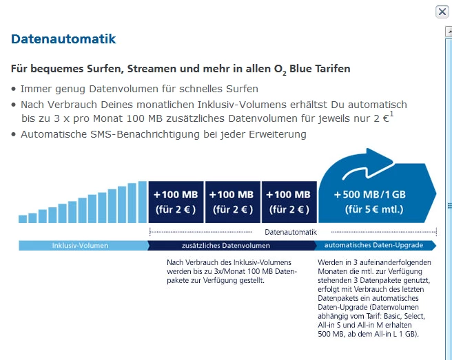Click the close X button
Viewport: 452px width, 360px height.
point(442,12)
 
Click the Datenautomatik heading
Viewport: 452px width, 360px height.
point(63,39)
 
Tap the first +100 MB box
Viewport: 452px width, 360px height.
point(176,202)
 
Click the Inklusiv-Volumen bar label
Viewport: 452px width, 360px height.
point(80,246)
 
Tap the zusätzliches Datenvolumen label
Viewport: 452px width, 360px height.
point(226,246)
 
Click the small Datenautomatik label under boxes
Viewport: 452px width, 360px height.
point(290,233)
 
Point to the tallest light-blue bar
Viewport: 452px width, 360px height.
point(143,202)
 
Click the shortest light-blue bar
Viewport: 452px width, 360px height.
point(23,219)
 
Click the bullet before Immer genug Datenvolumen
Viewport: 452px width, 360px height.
point(14,89)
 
